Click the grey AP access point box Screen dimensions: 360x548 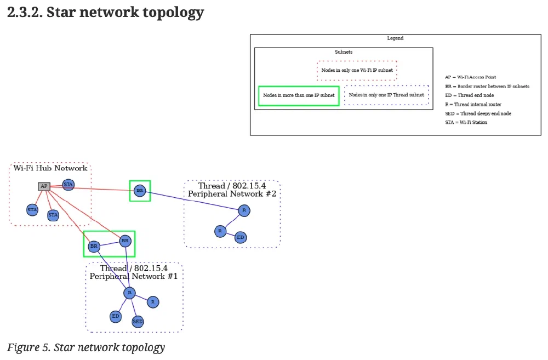44,186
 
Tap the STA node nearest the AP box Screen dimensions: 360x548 68,185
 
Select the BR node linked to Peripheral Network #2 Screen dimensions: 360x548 140,191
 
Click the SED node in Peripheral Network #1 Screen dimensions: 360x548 138,321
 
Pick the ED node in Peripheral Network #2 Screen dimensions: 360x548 240,237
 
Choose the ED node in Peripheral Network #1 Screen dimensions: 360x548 115,316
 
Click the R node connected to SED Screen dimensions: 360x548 129,293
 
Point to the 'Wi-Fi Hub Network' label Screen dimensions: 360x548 50,168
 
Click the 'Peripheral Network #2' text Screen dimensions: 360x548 232,194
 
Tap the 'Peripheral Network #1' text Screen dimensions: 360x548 134,276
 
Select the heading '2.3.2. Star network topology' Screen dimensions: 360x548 105,13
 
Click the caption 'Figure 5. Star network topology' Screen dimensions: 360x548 85,347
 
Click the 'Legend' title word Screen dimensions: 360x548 395,38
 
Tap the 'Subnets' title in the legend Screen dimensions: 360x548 344,52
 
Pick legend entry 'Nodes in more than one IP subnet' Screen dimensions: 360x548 299,95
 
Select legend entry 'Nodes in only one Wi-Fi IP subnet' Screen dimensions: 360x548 357,71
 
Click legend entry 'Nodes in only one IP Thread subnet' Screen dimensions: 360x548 386,95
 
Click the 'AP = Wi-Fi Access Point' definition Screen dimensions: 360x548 471,77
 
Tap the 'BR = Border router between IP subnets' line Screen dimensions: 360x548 487,86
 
